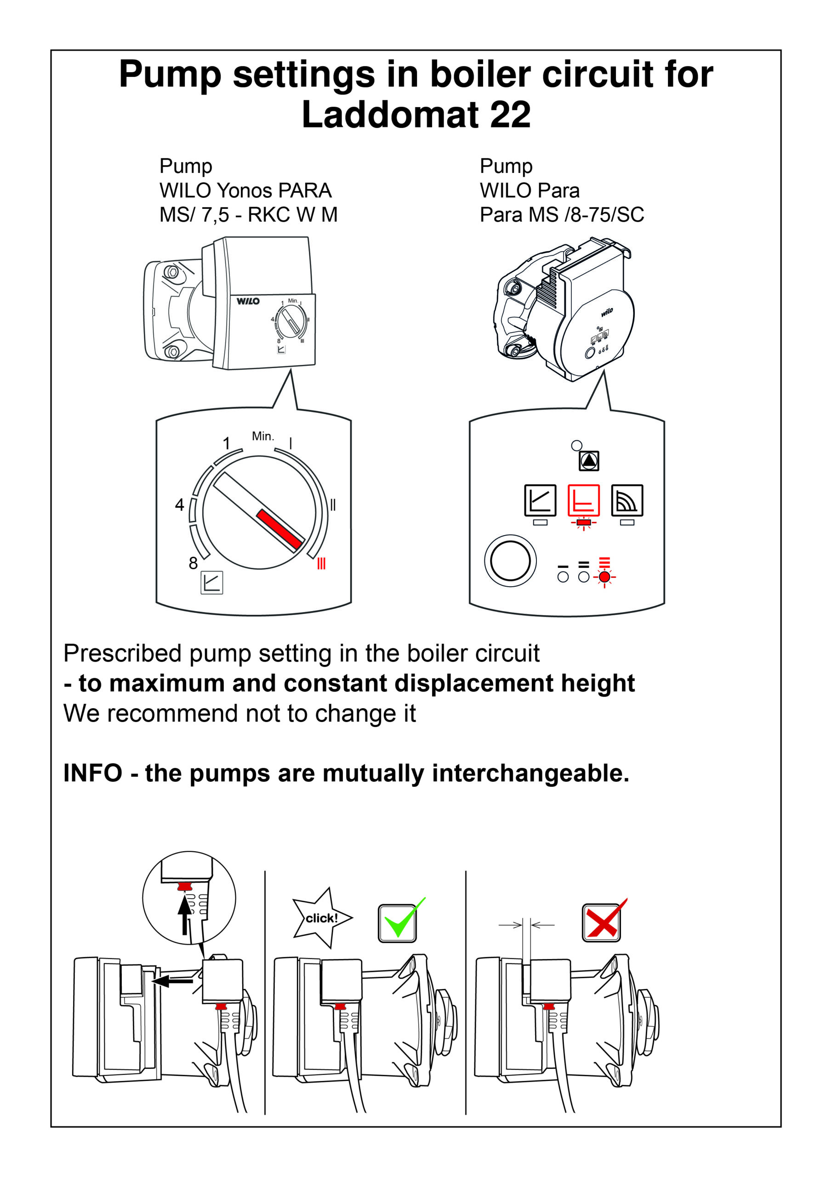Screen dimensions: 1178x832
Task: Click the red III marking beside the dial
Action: pyautogui.click(x=321, y=563)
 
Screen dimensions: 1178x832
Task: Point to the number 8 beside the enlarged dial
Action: pyautogui.click(x=193, y=563)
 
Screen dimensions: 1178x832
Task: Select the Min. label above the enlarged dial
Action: pyautogui.click(x=263, y=436)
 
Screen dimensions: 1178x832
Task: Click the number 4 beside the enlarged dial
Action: pyautogui.click(x=179, y=505)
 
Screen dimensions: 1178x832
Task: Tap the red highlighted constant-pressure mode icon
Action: pyautogui.click(x=583, y=500)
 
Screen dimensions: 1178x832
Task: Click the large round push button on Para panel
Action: pyautogui.click(x=510, y=561)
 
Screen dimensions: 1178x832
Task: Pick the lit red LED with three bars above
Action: pyautogui.click(x=604, y=577)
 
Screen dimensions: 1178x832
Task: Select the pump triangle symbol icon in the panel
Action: pyautogui.click(x=589, y=461)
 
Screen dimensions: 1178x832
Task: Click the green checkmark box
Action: pyautogui.click(x=397, y=924)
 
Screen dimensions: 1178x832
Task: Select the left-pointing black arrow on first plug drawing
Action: pyautogui.click(x=172, y=982)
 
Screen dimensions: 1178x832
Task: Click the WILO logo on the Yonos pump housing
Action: pyautogui.click(x=248, y=301)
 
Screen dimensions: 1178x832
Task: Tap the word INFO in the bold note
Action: pyautogui.click(x=93, y=773)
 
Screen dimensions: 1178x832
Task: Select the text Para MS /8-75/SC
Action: pyautogui.click(x=561, y=214)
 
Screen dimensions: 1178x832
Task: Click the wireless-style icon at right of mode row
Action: pyautogui.click(x=627, y=500)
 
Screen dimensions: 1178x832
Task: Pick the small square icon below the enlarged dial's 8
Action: pyautogui.click(x=212, y=583)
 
